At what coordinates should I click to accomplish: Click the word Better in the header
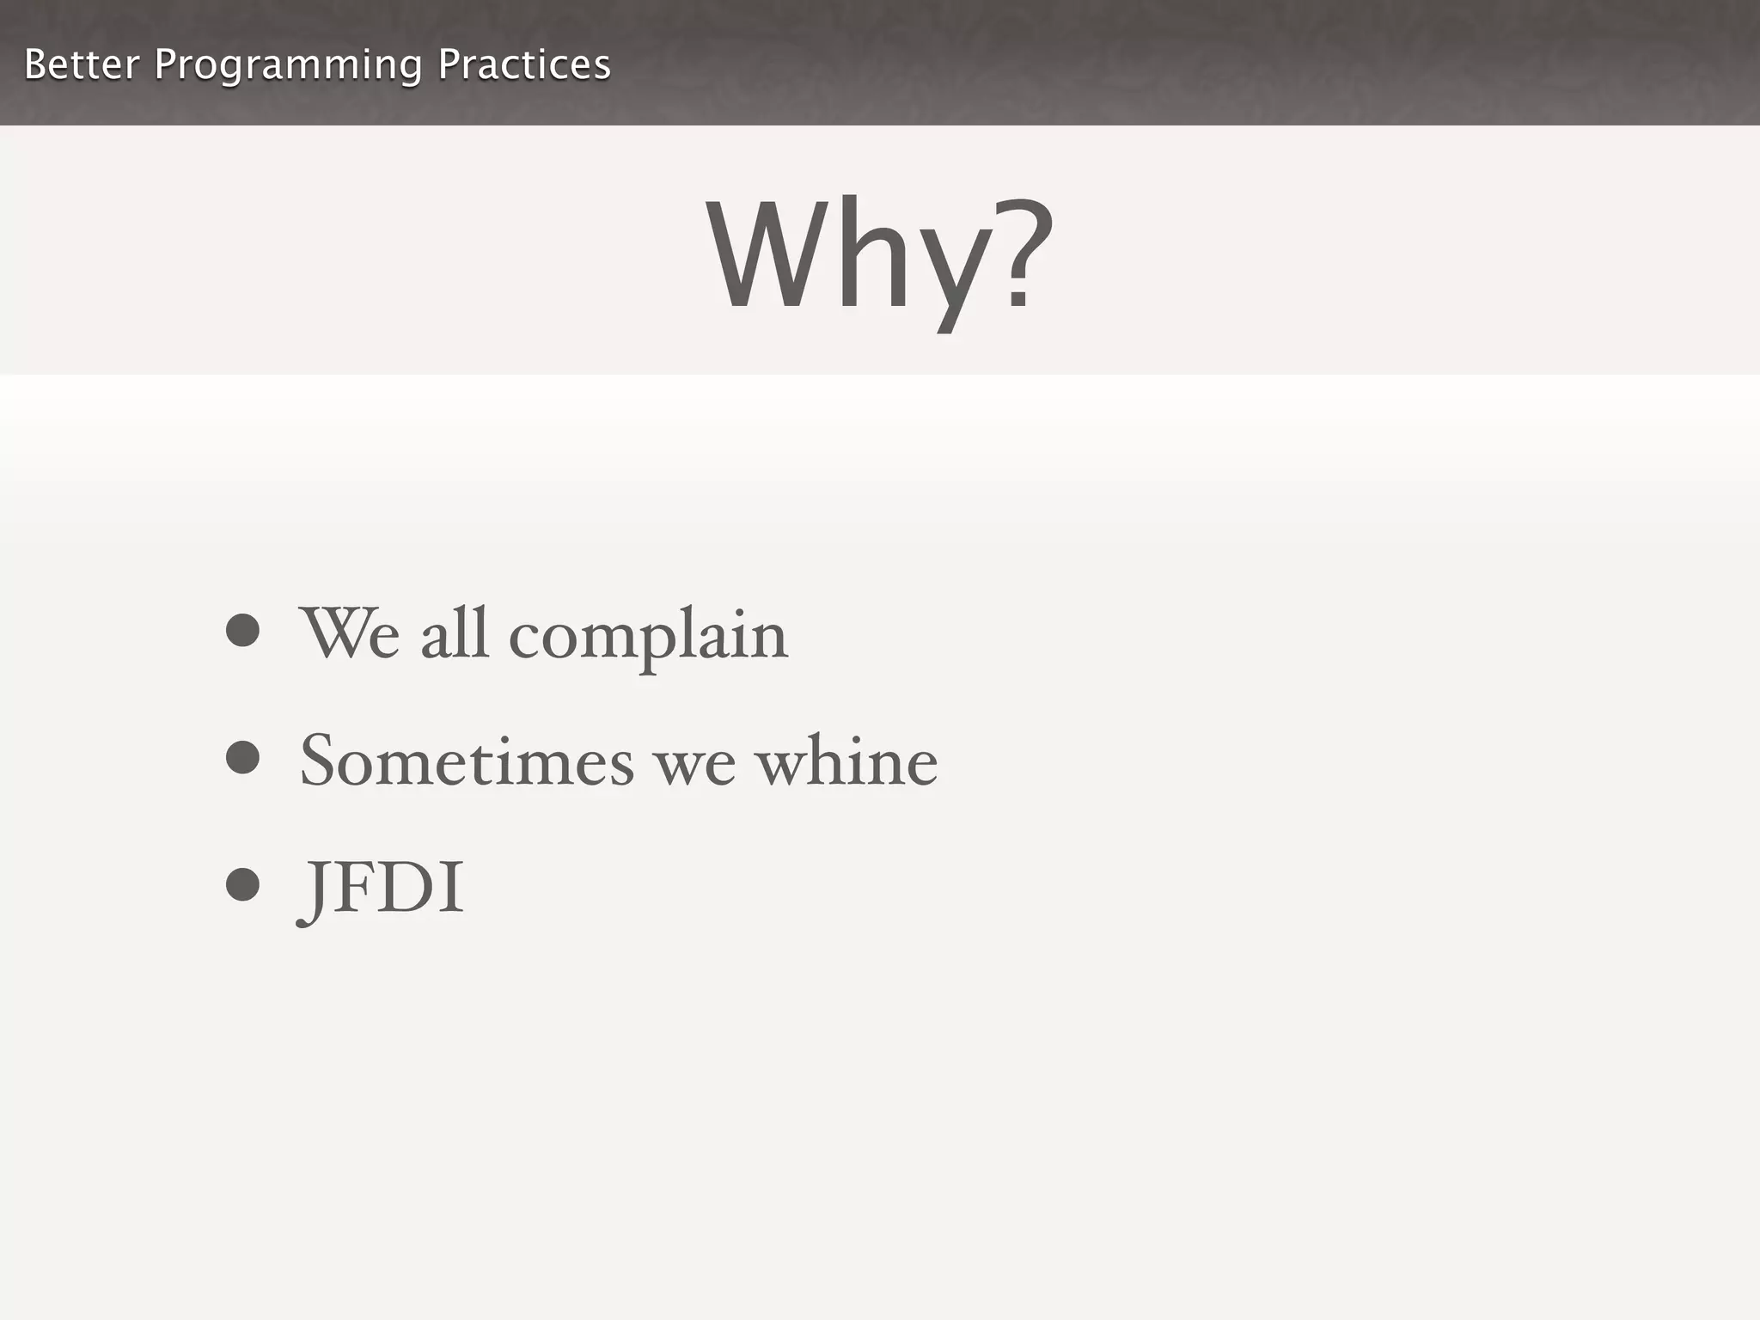[82, 64]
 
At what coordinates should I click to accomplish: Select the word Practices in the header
[524, 64]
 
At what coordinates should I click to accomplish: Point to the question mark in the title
[1020, 254]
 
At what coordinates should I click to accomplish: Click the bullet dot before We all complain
[242, 630]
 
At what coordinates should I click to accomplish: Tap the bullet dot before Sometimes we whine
[242, 757]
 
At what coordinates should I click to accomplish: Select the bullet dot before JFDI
[242, 884]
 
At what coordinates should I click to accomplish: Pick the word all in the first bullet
[455, 633]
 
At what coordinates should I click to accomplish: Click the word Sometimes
[467, 761]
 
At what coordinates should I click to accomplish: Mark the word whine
[846, 761]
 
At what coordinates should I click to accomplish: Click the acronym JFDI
[381, 889]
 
